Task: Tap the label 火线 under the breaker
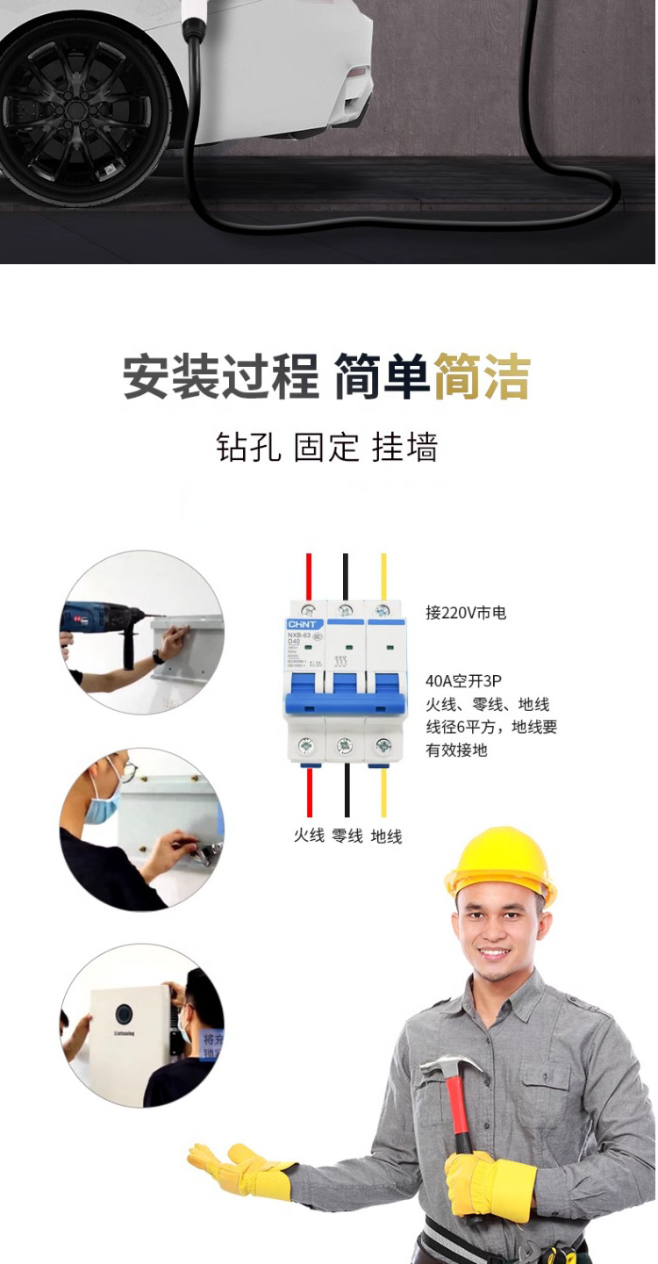click(309, 836)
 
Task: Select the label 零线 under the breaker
click(347, 836)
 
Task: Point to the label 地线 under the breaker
click(386, 836)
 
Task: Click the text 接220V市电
click(466, 613)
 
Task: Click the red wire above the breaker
click(309, 576)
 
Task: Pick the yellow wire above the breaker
click(383, 576)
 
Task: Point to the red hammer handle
click(458, 1115)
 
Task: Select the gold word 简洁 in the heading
click(482, 377)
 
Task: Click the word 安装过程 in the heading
click(220, 377)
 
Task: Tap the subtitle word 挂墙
click(404, 447)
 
